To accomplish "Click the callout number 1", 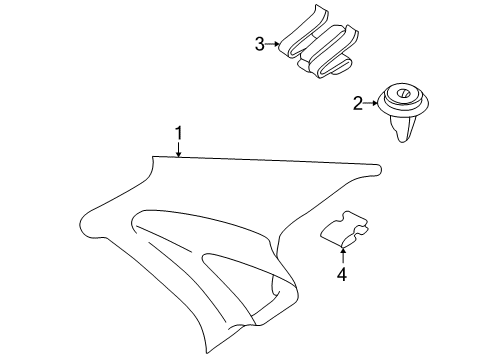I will (178, 133).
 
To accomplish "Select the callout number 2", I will (358, 102).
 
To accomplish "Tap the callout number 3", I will (259, 43).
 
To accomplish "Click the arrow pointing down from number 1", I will (178, 151).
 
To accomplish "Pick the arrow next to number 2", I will (371, 102).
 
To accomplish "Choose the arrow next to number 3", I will (272, 44).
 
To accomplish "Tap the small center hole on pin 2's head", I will (405, 96).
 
